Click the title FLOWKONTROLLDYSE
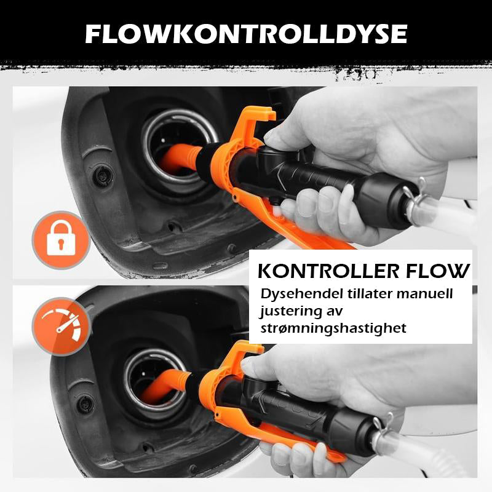point(247,34)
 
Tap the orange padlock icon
point(61,240)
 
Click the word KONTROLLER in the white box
point(328,271)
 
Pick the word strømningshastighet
point(333,328)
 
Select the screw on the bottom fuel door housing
point(85,404)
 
